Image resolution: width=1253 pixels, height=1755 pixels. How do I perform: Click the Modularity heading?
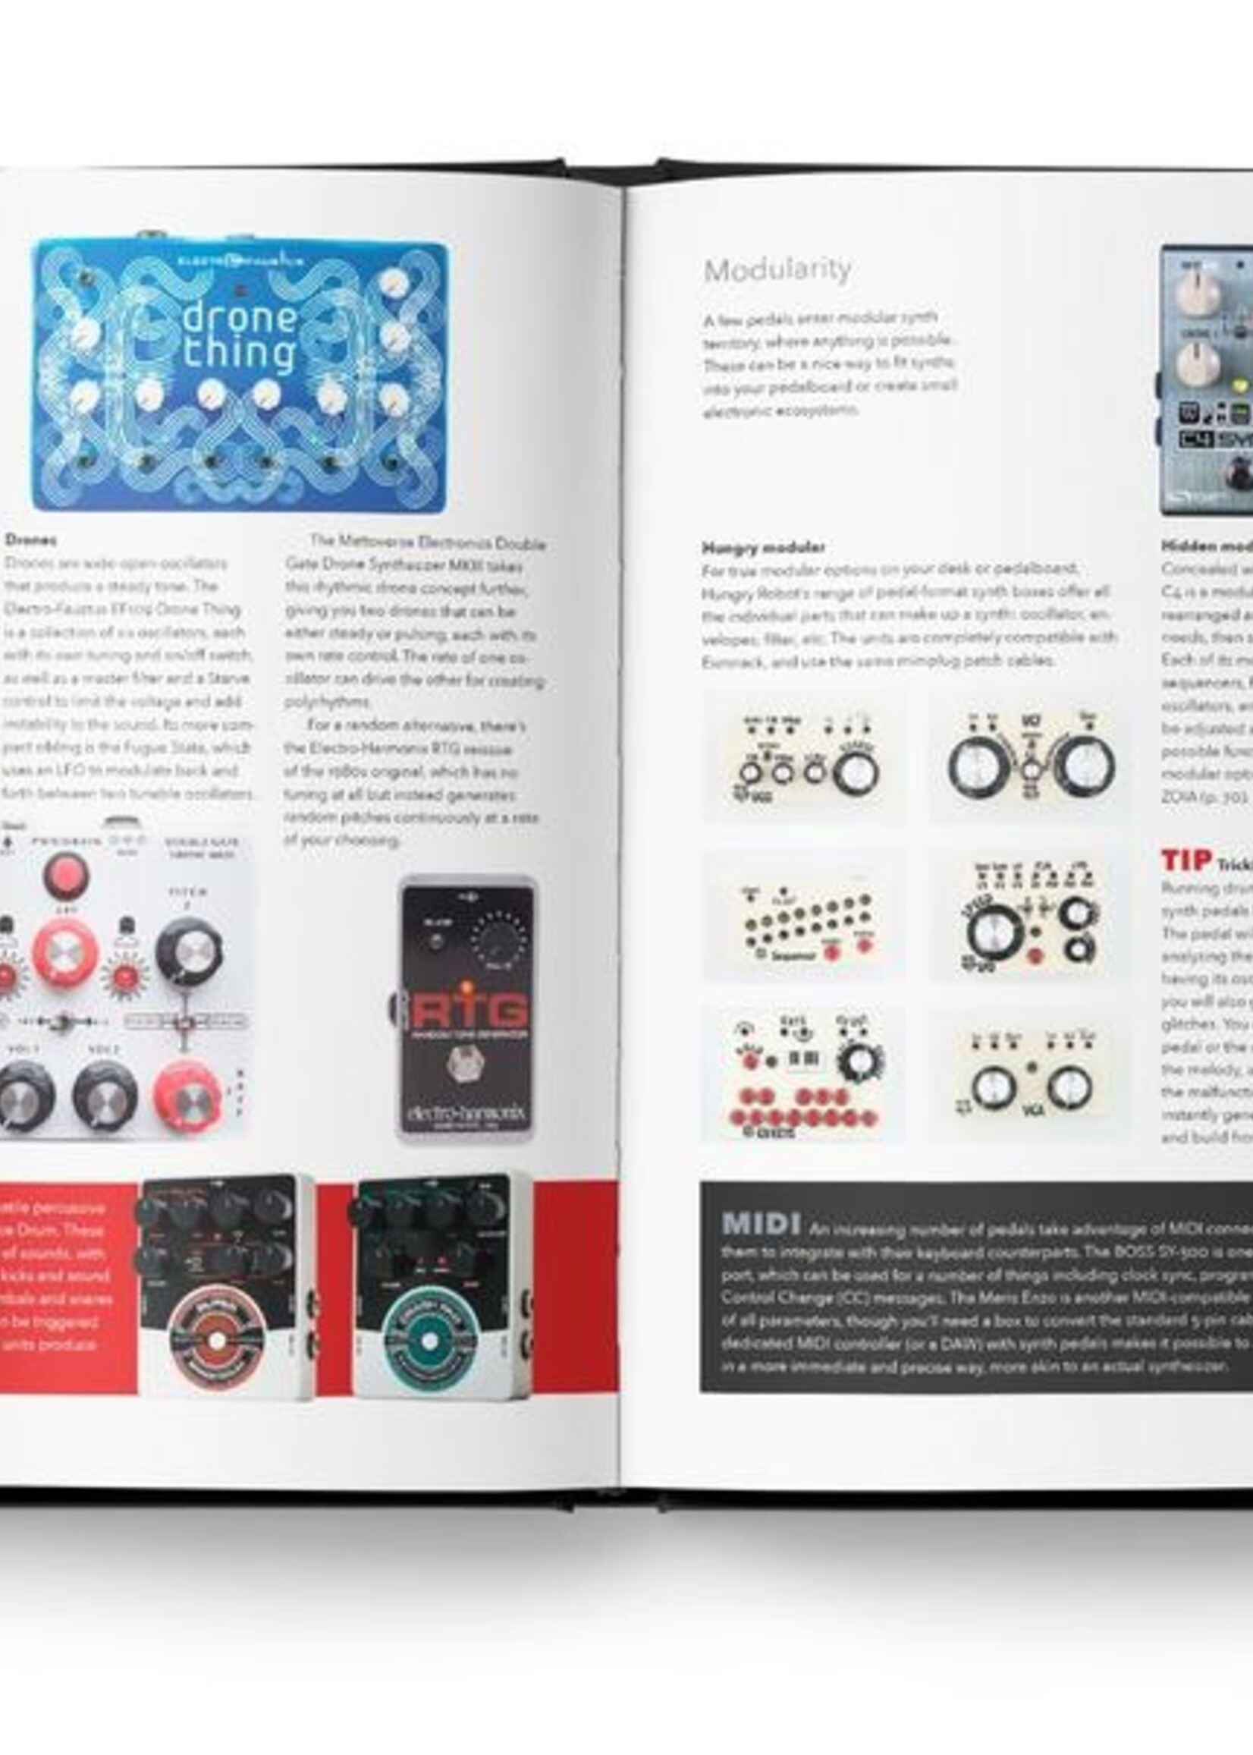[x=777, y=269]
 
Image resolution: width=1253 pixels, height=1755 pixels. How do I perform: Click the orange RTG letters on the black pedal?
[x=468, y=1010]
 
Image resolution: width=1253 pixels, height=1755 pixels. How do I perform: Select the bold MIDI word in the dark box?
[x=760, y=1223]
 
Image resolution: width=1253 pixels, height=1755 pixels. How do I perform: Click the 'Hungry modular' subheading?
[x=762, y=547]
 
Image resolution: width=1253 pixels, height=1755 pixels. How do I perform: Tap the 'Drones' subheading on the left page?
[x=30, y=539]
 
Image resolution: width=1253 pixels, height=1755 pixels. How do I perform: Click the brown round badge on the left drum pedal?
[x=217, y=1341]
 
